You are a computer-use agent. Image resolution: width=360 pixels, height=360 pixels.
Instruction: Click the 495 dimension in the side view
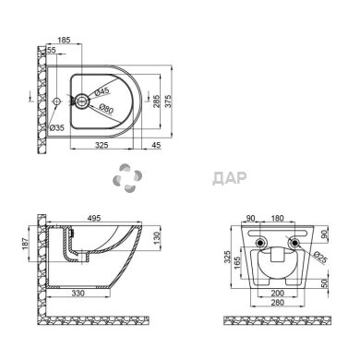93,218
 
